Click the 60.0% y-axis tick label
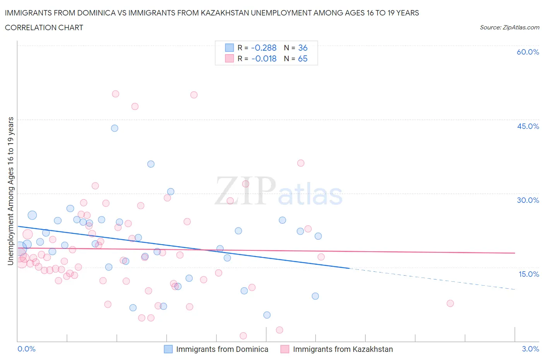pos(528,52)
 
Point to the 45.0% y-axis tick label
pos(528,126)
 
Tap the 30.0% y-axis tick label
pos(528,200)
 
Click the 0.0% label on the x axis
pos(26,349)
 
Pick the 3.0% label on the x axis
pos(530,349)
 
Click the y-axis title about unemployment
pos(10,191)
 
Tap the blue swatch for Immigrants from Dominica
pos(168,349)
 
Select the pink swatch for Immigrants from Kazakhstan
pos(285,349)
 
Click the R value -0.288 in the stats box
pos(263,48)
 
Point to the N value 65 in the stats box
pos(303,58)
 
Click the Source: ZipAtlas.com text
pos(509,27)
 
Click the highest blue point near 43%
pos(115,128)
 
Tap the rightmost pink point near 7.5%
pos(450,303)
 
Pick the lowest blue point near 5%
pos(267,315)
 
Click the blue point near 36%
pos(151,164)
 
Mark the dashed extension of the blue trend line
pos(433,279)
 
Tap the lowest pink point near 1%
pos(243,336)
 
